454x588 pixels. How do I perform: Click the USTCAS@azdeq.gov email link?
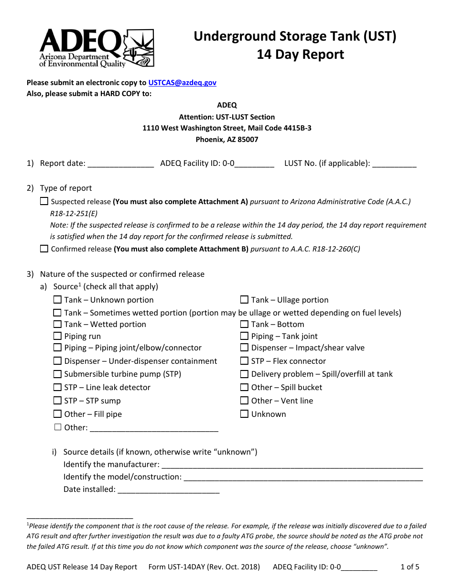pos(182,83)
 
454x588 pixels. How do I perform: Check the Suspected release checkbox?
pos(44,201)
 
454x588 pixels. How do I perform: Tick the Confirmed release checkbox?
pos(44,249)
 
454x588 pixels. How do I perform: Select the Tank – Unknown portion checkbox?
pos(57,300)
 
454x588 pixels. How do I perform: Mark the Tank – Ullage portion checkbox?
pos(244,300)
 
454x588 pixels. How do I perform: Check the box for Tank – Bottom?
pos(244,324)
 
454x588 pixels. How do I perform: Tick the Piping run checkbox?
pos(57,336)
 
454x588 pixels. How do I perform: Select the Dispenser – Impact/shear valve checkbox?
pos(244,348)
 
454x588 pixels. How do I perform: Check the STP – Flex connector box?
pos(244,361)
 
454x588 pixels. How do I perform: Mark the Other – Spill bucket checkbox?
pos(244,387)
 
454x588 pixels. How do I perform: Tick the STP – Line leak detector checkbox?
pos(57,387)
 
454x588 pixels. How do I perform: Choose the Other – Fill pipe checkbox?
pos(57,414)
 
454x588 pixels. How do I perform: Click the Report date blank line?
pos(120,164)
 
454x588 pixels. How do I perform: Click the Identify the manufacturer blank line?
pos(292,465)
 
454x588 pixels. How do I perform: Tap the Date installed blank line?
pos(168,490)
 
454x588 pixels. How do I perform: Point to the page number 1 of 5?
pos(410,567)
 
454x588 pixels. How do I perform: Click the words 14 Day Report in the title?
pos(300,54)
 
